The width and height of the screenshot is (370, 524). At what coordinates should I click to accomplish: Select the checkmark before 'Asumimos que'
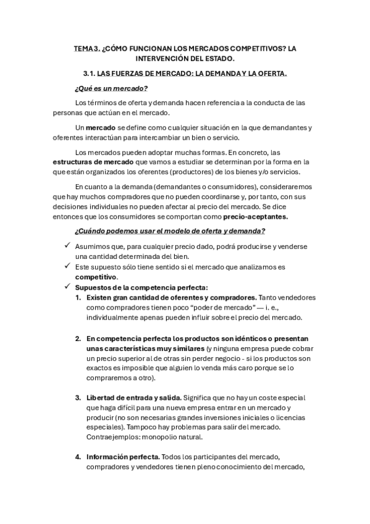pyautogui.click(x=67, y=246)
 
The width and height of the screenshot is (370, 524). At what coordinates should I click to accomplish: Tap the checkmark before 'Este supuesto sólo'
pyautogui.click(x=67, y=266)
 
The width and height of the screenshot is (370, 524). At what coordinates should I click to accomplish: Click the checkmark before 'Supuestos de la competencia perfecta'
pyautogui.click(x=67, y=287)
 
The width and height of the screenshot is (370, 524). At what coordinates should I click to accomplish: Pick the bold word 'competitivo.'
pyautogui.click(x=96, y=277)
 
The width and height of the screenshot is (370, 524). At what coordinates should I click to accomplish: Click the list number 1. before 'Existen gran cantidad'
pyautogui.click(x=78, y=297)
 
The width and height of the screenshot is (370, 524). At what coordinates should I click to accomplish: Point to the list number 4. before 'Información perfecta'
pyautogui.click(x=78, y=457)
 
